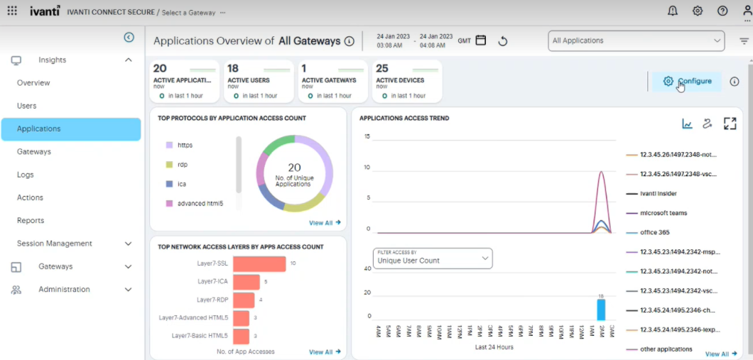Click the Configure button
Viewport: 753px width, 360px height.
click(x=687, y=81)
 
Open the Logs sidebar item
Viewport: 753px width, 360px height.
click(x=26, y=175)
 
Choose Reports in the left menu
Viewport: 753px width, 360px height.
click(x=31, y=221)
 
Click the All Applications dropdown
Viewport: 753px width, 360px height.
click(x=636, y=41)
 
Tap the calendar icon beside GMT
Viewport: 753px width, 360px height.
click(x=481, y=40)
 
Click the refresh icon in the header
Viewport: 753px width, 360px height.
click(x=503, y=41)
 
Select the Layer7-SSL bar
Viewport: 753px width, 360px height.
click(x=259, y=264)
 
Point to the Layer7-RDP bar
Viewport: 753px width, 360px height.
click(x=244, y=300)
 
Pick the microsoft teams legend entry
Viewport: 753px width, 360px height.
click(x=663, y=213)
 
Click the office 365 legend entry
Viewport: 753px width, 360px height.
click(x=654, y=232)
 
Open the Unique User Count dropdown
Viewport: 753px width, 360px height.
click(x=433, y=259)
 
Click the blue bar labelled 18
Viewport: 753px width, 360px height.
click(x=601, y=310)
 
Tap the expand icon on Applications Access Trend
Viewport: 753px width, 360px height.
click(x=730, y=124)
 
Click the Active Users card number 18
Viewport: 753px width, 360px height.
click(x=233, y=69)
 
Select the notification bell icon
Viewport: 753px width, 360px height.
click(x=673, y=11)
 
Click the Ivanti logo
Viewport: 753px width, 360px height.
click(x=45, y=11)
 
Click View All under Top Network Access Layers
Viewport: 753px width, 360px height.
click(x=325, y=351)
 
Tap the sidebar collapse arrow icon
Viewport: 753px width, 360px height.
click(x=129, y=38)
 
